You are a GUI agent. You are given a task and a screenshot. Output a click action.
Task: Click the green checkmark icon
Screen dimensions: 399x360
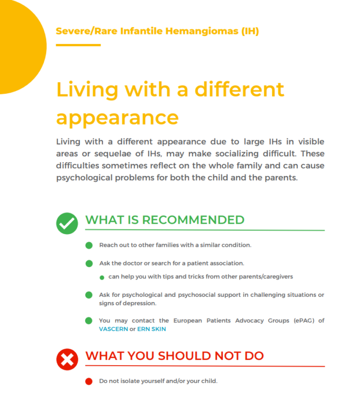[x=67, y=224]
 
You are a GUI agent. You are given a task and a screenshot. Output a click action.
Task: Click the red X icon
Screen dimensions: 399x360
[x=67, y=360]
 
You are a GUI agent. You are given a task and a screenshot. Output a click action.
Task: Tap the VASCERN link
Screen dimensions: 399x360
[x=113, y=329]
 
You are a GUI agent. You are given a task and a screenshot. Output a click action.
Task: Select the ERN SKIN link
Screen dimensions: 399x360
[x=151, y=329]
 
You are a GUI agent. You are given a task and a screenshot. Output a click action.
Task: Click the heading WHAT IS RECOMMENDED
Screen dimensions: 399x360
[x=165, y=220]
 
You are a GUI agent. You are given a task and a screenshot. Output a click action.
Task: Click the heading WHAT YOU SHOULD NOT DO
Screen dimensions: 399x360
[x=174, y=356]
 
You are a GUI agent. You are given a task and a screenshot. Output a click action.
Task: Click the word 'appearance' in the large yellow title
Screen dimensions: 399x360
[x=117, y=117]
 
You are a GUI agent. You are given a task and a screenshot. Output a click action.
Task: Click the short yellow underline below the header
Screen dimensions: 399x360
[x=78, y=45]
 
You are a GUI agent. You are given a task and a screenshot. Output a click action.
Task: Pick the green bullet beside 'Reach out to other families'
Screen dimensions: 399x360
[x=88, y=245]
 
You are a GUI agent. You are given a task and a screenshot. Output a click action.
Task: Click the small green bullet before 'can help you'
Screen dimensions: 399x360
[x=102, y=277]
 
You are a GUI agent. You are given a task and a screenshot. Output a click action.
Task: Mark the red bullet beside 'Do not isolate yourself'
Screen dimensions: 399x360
[x=88, y=381]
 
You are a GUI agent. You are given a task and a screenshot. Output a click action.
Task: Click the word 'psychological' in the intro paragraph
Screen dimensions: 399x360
[x=85, y=178]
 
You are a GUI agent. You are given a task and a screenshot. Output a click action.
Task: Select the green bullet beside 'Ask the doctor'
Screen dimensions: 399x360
[x=88, y=263]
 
